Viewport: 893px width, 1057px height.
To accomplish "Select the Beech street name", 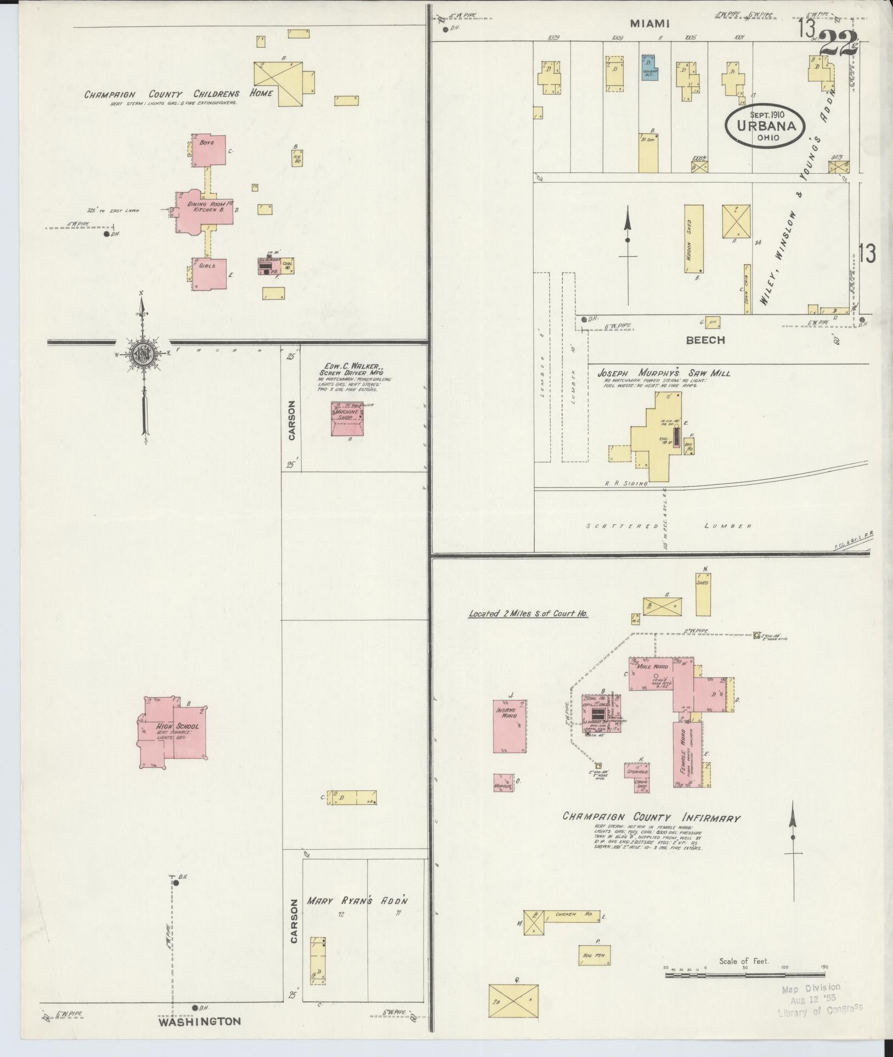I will (x=705, y=340).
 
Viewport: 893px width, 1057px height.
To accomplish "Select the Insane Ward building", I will (x=510, y=725).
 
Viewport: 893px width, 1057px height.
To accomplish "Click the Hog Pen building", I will (x=595, y=956).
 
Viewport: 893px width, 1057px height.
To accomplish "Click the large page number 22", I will (x=838, y=42).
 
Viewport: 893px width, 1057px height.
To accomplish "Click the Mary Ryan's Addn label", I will (x=358, y=901).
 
